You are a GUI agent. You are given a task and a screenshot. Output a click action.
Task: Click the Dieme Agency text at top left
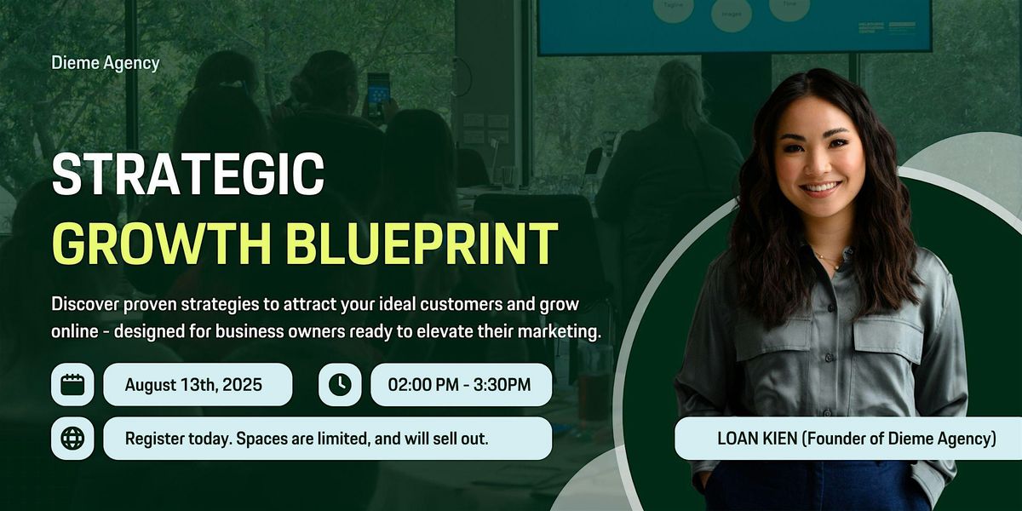106,63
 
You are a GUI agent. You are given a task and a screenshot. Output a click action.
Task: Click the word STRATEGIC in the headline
188,174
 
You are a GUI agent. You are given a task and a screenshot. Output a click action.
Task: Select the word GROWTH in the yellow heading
163,244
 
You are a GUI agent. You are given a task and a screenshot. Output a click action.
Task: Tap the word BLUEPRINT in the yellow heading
422,244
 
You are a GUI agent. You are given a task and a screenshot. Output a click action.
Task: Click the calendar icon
72,385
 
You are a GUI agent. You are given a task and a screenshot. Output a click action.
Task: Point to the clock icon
340,385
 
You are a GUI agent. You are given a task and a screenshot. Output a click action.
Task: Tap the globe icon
72,439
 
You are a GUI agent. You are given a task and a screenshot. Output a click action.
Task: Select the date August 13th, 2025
193,385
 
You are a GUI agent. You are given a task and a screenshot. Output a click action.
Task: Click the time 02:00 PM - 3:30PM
459,385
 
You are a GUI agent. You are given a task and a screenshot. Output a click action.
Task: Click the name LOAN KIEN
757,439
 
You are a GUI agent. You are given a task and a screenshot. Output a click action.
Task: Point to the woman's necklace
828,260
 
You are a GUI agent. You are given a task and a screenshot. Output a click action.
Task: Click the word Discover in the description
85,304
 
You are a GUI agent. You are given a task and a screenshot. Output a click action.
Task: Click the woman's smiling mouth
820,188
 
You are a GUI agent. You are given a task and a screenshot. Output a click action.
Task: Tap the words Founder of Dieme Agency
899,439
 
